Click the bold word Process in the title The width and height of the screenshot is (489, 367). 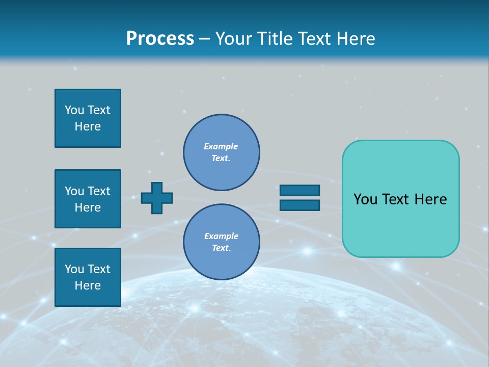pos(160,39)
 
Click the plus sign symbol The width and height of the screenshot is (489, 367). pos(157,198)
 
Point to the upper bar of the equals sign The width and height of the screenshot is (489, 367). pos(300,190)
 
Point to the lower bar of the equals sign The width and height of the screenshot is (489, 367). pos(300,205)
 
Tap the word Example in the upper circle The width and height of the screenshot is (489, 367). pos(221,146)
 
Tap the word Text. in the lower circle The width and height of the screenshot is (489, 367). pos(221,248)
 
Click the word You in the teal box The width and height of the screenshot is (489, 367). pos(365,199)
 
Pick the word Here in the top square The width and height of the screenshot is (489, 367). pos(88,126)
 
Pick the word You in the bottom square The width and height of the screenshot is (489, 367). pos(74,269)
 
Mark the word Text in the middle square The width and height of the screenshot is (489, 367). pos(98,191)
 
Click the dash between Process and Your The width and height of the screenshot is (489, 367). pos(205,39)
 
